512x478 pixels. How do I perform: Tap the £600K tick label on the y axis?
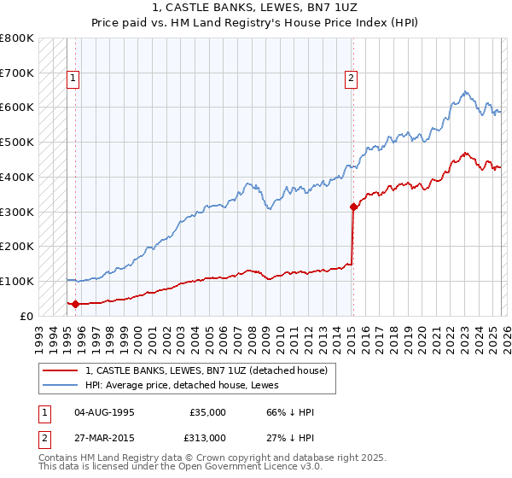tap(17, 108)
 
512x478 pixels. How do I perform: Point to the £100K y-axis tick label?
tap(17, 281)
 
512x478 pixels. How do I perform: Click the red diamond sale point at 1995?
tap(75, 303)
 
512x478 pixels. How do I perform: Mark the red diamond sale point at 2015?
tap(353, 207)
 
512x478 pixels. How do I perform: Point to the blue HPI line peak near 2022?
tap(464, 91)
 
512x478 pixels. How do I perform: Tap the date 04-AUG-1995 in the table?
tap(105, 412)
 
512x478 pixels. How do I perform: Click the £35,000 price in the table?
tap(207, 412)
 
